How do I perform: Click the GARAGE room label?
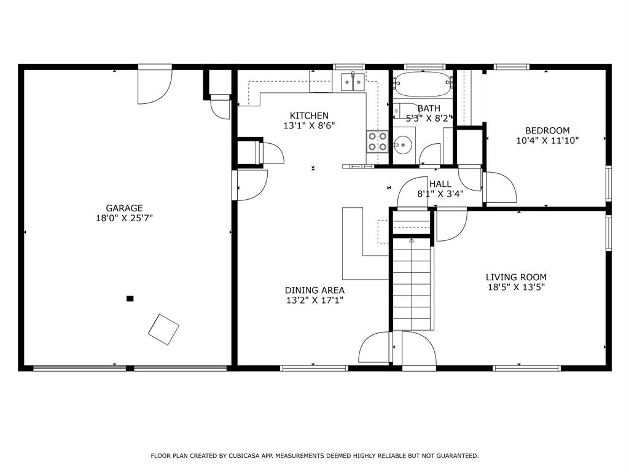point(124,208)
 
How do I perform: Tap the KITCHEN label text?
point(309,116)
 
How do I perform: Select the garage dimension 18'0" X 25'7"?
point(124,218)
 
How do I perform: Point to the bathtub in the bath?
point(423,84)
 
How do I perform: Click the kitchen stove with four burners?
point(378,141)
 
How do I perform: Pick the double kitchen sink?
point(353,82)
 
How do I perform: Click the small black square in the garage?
point(130,298)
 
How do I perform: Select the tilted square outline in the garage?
point(163,329)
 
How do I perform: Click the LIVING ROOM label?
point(516,277)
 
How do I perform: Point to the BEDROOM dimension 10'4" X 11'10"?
point(547,141)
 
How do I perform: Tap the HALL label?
point(440,184)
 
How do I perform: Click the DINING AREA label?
point(314,290)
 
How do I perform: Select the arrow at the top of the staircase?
point(412,241)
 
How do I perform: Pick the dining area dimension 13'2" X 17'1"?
point(314,300)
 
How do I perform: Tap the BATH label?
point(429,108)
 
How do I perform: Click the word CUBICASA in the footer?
point(244,455)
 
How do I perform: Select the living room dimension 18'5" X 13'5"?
point(516,288)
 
